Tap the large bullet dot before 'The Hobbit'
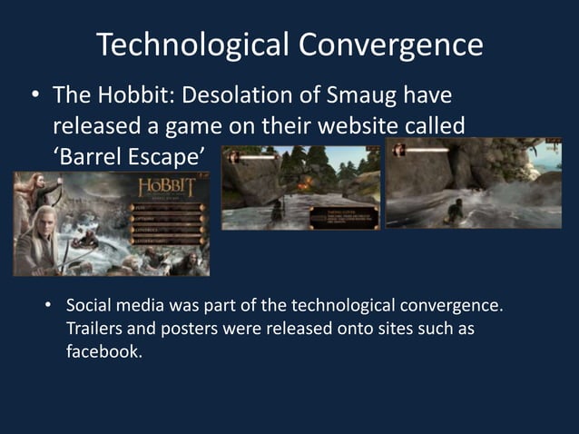click(34, 95)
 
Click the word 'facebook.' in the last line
click(104, 351)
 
